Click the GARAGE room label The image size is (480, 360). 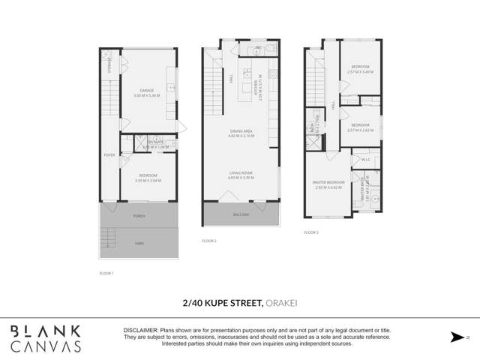(147, 90)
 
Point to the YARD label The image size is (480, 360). (139, 243)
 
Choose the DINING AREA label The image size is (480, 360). (241, 132)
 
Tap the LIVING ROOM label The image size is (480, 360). (241, 173)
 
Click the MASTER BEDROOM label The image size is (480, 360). (328, 182)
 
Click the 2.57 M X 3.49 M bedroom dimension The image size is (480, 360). (360, 72)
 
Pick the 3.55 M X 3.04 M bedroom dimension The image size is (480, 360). (147, 181)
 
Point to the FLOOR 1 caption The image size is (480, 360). (106, 273)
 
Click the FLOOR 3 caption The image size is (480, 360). (311, 233)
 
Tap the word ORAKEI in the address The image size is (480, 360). (280, 304)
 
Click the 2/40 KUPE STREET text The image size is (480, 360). (222, 304)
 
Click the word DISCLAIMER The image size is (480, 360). (139, 329)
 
